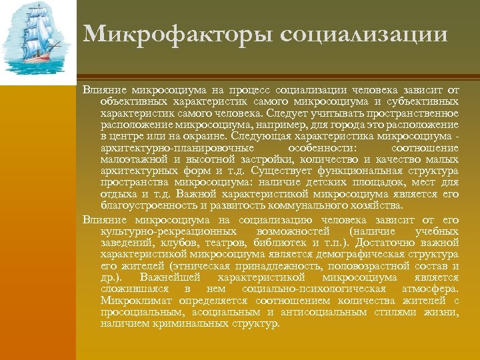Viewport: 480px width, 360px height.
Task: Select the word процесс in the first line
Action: (x=253, y=91)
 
